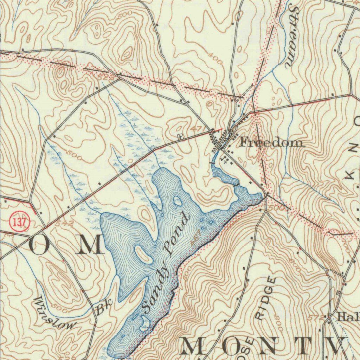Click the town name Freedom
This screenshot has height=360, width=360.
271,142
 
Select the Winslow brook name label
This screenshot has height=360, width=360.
55,313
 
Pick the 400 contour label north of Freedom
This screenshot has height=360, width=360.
215,58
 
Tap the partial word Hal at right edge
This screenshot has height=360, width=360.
348,317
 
